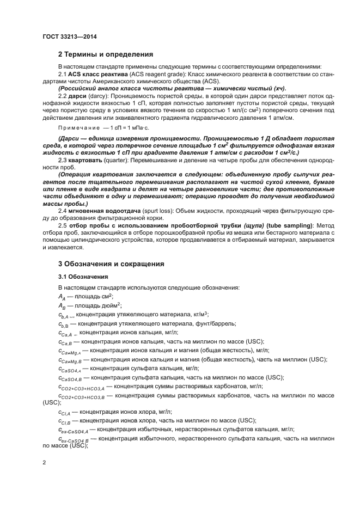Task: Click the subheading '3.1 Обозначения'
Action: pos(83,277)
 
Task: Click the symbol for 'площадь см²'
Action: pos(63,297)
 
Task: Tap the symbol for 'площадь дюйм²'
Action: pos(63,306)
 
